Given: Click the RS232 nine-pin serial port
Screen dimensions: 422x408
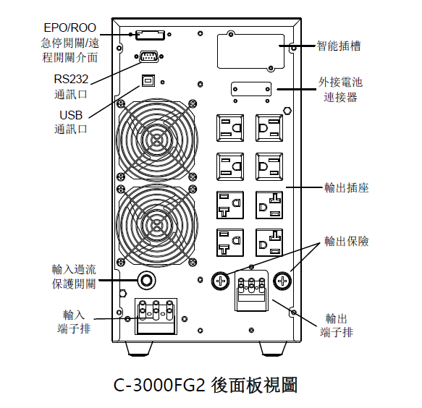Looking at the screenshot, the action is pos(149,56).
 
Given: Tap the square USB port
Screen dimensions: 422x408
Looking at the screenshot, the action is pos(148,80).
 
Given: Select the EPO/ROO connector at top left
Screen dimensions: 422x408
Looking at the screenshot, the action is pos(150,35).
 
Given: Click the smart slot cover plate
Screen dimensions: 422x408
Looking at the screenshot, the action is pos(251,51).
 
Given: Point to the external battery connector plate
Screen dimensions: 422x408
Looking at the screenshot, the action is pos(251,89).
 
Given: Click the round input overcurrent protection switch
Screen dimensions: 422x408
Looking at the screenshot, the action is pos(147,281).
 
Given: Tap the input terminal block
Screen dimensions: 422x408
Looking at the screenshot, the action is pos(156,316).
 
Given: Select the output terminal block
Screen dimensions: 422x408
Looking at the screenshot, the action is pos(252,291).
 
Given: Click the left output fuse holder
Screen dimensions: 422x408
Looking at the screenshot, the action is pos(221,281).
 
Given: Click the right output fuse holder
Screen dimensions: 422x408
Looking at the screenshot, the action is pos(282,281).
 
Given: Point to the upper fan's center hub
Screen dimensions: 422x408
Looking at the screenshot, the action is pos(156,140).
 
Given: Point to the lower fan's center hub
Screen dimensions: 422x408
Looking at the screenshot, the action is pos(156,224).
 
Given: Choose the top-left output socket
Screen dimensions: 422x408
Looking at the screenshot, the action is pos(230,128).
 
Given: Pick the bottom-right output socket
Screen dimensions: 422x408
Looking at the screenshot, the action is pos(269,242).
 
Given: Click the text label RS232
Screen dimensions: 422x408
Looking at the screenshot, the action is pos(71,79).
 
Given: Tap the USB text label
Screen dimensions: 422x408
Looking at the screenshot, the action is pos(71,115).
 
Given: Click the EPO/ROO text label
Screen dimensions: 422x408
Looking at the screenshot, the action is pos(69,27).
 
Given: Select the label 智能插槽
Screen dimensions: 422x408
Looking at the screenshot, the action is pos(339,46).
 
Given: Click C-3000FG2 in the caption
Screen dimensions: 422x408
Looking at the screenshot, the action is pos(159,385).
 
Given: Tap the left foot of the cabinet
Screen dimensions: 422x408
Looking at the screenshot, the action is pos(139,349).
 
